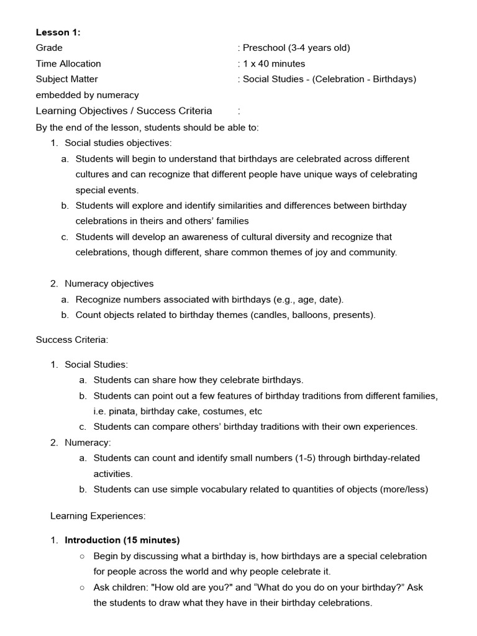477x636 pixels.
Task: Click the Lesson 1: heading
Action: point(58,32)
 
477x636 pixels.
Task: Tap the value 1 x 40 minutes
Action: point(274,63)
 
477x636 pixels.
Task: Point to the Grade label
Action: point(49,48)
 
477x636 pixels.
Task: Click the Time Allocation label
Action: point(68,63)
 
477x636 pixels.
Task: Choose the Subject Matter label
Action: point(67,79)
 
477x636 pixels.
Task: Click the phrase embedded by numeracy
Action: point(88,95)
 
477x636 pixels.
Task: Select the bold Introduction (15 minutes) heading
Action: point(122,540)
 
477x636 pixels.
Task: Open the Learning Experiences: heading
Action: point(98,516)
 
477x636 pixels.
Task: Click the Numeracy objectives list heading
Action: point(109,283)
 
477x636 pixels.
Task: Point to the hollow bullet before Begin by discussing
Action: point(82,556)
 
